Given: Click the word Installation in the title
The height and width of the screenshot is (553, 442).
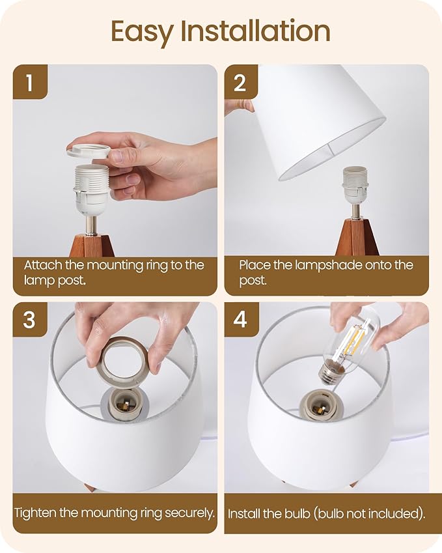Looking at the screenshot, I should (x=256, y=31).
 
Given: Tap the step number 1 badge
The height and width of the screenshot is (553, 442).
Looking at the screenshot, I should (x=29, y=82).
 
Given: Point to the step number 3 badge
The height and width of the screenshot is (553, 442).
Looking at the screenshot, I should (x=29, y=320).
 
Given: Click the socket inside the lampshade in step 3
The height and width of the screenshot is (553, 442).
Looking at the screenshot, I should (x=120, y=404).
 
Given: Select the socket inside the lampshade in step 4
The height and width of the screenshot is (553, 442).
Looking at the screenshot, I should (x=319, y=404).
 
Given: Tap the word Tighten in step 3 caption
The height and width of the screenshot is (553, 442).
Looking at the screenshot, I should (x=35, y=513).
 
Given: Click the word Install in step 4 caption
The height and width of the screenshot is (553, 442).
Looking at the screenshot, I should (x=243, y=513).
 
